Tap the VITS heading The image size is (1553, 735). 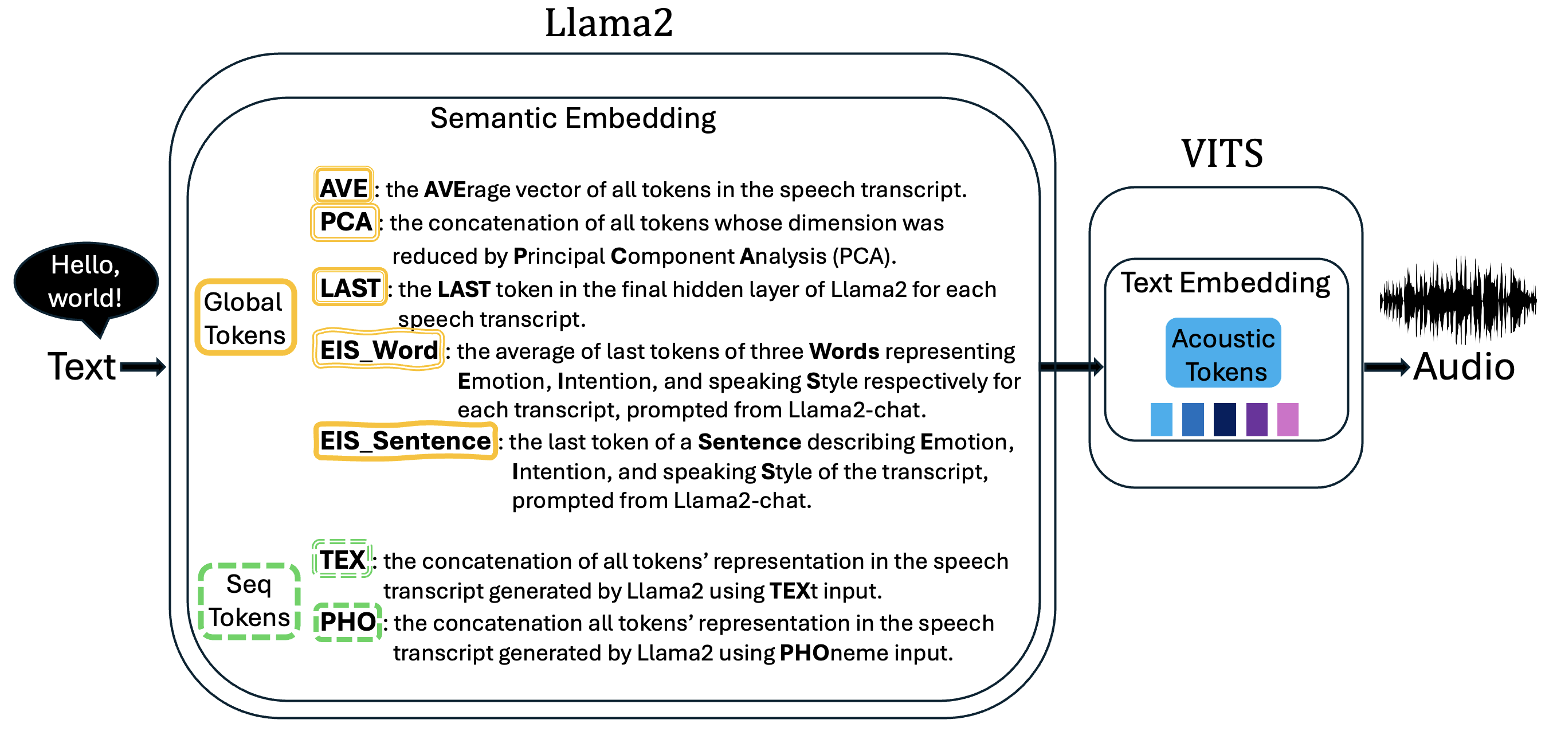pyautogui.click(x=1221, y=153)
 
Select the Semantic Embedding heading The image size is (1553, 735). pyautogui.click(x=572, y=118)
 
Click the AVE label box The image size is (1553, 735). pyautogui.click(x=343, y=187)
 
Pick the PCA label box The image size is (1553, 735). pyautogui.click(x=346, y=222)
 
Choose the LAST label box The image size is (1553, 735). pyautogui.click(x=350, y=288)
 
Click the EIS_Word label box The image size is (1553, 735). pyautogui.click(x=379, y=350)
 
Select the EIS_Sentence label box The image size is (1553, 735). pyautogui.click(x=405, y=441)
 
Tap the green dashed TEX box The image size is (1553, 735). pyautogui.click(x=342, y=560)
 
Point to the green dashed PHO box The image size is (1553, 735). pyautogui.click(x=348, y=621)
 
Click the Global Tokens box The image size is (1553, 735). pyautogui.click(x=245, y=318)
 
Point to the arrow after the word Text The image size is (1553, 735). pyautogui.click(x=143, y=366)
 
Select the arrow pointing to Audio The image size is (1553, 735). pyautogui.click(x=1386, y=366)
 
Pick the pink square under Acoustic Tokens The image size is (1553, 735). pyautogui.click(x=1287, y=420)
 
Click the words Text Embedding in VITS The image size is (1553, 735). pyautogui.click(x=1225, y=283)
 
